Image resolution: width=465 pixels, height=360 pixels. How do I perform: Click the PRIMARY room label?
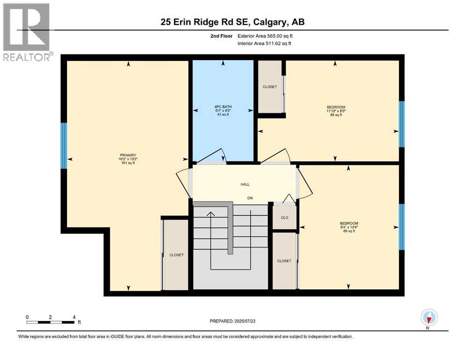coord(127,155)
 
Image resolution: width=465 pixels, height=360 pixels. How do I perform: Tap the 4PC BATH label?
coord(223,107)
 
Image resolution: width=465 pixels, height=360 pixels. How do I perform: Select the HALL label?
coord(244,185)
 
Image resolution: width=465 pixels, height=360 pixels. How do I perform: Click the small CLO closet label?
coord(284,218)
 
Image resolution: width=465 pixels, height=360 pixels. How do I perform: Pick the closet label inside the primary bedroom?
coord(177,255)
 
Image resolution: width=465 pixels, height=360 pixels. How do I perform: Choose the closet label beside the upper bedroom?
coord(270,87)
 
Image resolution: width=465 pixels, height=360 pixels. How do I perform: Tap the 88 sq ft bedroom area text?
coord(336,115)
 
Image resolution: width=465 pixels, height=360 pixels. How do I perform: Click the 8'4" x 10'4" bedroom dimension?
coord(349,227)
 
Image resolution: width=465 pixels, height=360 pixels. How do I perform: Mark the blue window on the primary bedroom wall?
coord(64,146)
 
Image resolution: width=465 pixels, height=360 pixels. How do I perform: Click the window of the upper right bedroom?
coord(401,124)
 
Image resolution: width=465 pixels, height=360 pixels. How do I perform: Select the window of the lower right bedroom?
coord(401,227)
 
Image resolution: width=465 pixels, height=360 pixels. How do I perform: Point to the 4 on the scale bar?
coord(74,317)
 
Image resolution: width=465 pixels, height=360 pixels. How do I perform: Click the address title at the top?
coord(232,22)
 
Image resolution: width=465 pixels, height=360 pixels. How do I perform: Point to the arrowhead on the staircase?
coord(211,214)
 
